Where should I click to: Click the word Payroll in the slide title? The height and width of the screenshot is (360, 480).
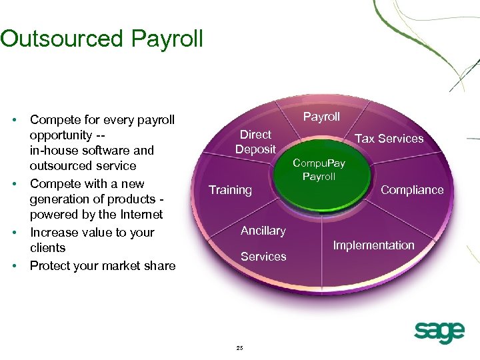pos(167,39)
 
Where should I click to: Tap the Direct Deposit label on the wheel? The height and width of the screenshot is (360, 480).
pos(255,142)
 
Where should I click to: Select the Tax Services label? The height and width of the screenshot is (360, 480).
pos(389,139)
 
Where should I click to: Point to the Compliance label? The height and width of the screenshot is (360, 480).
pos(411,190)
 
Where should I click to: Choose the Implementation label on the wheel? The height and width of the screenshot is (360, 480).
pos(373,245)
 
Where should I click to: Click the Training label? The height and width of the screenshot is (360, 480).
pos(230,190)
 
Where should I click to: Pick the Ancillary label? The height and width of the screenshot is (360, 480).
pos(263,231)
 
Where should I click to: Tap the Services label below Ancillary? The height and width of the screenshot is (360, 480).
pos(263,257)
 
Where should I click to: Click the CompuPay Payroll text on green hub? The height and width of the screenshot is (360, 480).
pos(319,170)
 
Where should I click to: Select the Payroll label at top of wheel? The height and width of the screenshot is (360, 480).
pos(321,117)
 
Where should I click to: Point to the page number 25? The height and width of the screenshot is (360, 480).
pos(239,348)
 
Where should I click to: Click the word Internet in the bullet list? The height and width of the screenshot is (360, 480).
pos(138,215)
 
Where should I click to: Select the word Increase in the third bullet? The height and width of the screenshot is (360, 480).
pos(54,233)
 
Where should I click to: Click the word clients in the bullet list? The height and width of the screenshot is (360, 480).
pos(47,248)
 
